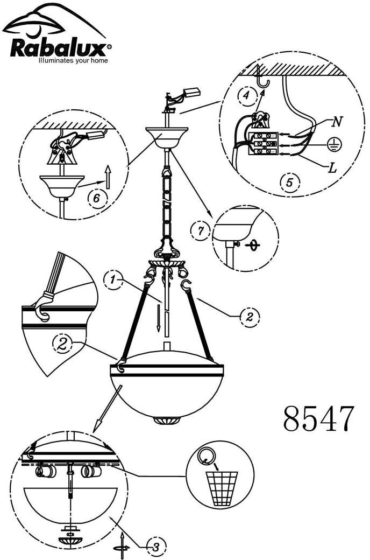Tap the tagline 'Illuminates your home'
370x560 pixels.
coord(73,61)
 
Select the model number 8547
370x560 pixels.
coord(318,418)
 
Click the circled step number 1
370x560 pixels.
coord(113,280)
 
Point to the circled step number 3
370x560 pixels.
coord(156,546)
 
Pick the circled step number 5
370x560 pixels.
coord(289,183)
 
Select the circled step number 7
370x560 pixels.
coord(200,230)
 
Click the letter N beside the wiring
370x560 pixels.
coord(337,122)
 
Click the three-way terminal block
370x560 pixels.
coord(264,144)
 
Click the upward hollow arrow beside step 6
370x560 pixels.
coord(108,177)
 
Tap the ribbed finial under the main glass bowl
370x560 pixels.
coord(167,420)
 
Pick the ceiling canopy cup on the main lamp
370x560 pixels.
coord(167,137)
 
